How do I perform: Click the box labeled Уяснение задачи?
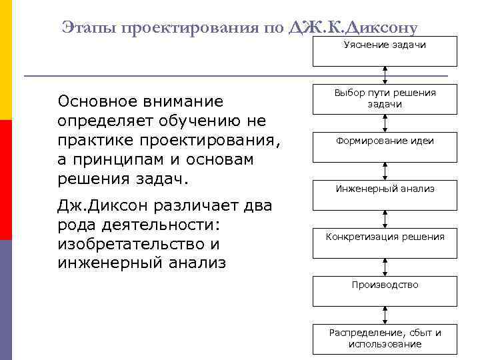tap(385, 51)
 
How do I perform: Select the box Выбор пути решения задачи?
tap(385, 99)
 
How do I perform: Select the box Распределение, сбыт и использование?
tap(385, 338)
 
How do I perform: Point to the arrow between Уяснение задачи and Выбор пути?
tap(385, 75)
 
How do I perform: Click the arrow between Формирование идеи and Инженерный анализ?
tap(385, 171)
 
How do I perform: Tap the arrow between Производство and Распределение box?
tap(385, 315)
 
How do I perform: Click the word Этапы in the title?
tap(87, 27)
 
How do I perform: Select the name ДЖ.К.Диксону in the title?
tap(353, 27)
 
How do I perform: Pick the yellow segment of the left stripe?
tap(6, 60)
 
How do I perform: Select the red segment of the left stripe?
tap(6, 180)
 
